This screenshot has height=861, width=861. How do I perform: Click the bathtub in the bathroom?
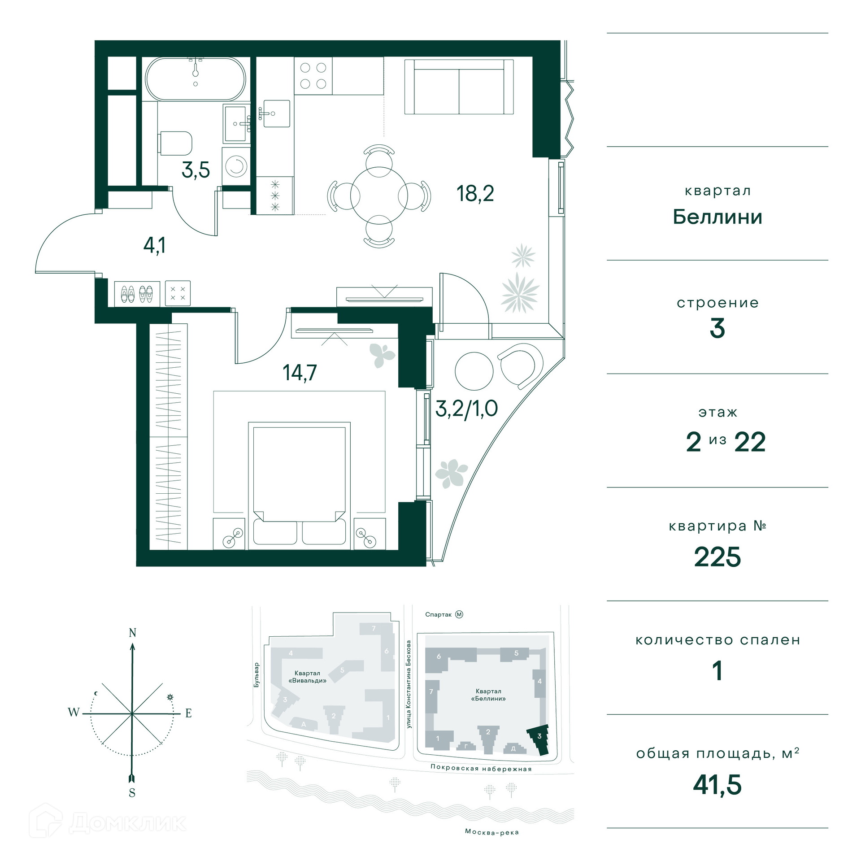click(x=196, y=79)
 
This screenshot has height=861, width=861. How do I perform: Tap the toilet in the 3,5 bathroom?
click(x=175, y=143)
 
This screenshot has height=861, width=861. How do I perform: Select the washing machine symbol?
click(x=236, y=166)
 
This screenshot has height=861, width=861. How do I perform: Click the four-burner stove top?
click(x=313, y=76)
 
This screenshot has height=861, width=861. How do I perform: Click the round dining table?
click(x=379, y=196)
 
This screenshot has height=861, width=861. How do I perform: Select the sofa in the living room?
click(x=459, y=87)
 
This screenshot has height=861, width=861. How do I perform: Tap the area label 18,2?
click(x=475, y=194)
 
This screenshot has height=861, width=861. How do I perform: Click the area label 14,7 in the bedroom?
click(x=300, y=372)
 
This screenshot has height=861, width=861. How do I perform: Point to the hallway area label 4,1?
click(x=155, y=245)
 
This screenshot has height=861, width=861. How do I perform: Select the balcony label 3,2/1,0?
click(x=466, y=409)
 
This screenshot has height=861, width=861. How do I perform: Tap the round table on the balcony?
click(x=474, y=371)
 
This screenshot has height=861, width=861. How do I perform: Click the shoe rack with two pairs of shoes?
click(x=137, y=294)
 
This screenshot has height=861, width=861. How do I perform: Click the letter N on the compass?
click(x=132, y=633)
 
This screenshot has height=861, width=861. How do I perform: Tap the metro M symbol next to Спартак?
click(x=459, y=614)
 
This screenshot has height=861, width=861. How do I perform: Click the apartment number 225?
click(x=717, y=557)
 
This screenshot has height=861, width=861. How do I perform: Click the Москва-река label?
click(x=492, y=832)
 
